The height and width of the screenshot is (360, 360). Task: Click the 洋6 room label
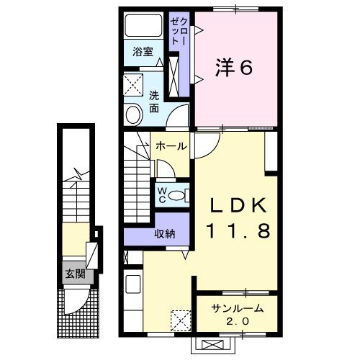tap(234, 67)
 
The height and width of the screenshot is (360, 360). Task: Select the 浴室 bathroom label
tap(143, 52)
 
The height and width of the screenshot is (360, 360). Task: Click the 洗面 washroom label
tap(154, 102)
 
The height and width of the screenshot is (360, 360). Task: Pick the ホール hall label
tap(171, 146)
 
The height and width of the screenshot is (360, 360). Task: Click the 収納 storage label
tap(165, 233)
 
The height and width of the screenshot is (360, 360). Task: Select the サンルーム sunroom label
tap(237, 309)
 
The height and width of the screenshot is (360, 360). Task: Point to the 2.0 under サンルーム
tap(237, 321)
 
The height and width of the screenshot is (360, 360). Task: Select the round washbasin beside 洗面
tap(133, 114)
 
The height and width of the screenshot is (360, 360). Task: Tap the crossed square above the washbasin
tap(132, 86)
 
